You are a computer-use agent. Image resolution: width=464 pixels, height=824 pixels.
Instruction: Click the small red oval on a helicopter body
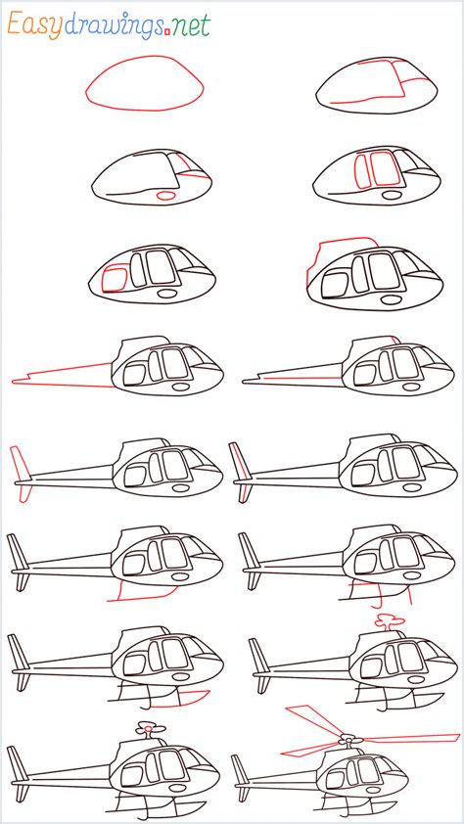[x=166, y=196]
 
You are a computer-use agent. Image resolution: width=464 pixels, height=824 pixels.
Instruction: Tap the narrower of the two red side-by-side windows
[x=362, y=171]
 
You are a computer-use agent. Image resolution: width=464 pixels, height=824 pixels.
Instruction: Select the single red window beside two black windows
[x=114, y=279]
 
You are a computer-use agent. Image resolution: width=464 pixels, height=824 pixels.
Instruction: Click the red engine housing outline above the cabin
[x=341, y=241]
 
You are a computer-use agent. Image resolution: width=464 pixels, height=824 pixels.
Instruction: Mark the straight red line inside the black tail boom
[x=302, y=378]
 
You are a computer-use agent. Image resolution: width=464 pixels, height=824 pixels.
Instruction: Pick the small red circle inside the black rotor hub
[x=149, y=729]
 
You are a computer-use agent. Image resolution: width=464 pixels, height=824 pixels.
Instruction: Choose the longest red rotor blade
[x=411, y=738]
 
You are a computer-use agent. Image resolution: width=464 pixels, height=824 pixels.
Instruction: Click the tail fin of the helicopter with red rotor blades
[x=240, y=777]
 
